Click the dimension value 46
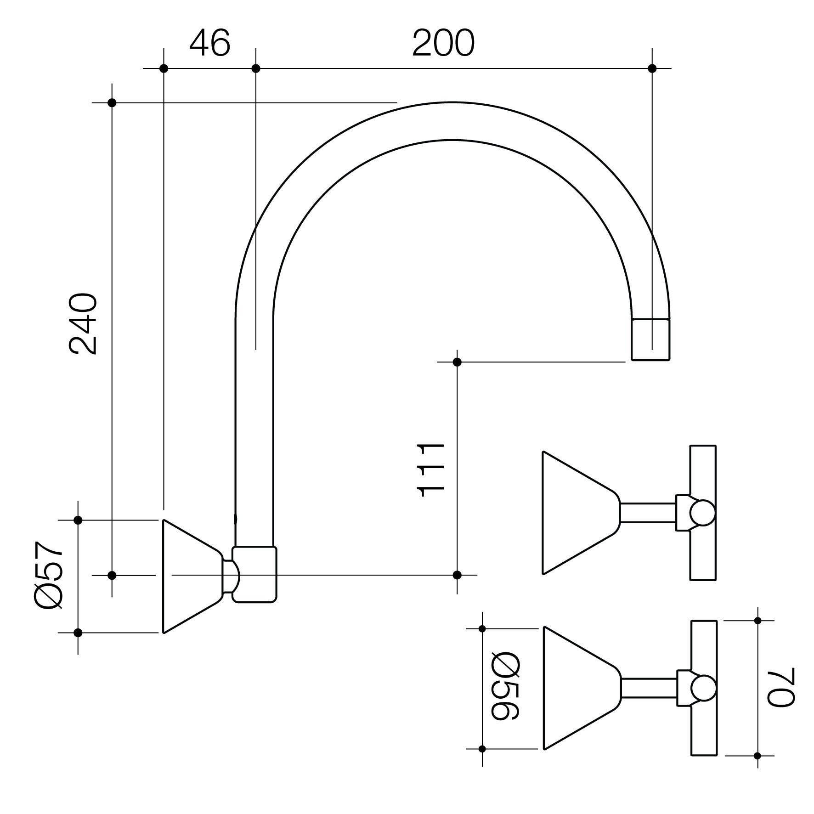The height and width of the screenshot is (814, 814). [209, 44]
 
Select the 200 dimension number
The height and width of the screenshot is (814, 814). [443, 44]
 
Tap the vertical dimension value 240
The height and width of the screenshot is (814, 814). [83, 324]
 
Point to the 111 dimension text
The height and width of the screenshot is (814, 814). [430, 470]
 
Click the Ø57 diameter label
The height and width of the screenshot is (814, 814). [48, 575]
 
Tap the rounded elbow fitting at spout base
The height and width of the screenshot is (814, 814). [254, 574]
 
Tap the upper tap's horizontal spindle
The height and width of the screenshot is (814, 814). [647, 513]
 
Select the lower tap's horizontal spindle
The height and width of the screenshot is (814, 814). [649, 688]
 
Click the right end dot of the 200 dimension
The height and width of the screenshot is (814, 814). [652, 68]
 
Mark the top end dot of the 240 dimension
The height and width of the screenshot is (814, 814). [112, 102]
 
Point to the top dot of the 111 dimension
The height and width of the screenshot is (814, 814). [457, 362]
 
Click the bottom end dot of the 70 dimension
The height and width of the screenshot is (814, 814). [757, 756]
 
